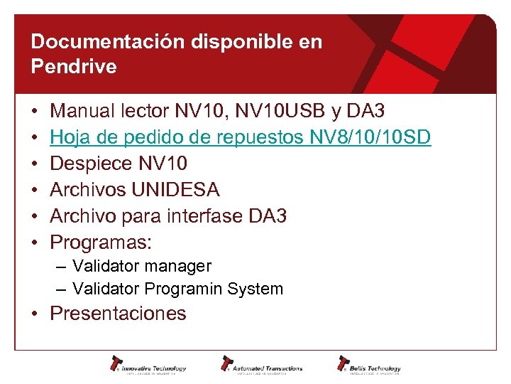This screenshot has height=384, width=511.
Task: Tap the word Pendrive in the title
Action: [x=74, y=67]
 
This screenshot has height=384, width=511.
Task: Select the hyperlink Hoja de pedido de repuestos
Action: [x=177, y=137]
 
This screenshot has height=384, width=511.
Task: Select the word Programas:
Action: [x=101, y=242]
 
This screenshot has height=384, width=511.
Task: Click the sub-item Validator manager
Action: [x=142, y=266]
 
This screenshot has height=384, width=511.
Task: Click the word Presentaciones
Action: [x=118, y=314]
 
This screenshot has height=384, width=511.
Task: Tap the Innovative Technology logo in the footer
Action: [x=148, y=365]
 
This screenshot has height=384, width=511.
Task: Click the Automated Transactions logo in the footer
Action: [x=261, y=365]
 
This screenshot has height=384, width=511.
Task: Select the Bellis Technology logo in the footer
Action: [x=369, y=365]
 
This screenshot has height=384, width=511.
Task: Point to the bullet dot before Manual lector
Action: [x=35, y=112]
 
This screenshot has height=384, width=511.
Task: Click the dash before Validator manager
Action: [x=62, y=266]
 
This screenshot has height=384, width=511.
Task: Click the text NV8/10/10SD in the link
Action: [x=370, y=137]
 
